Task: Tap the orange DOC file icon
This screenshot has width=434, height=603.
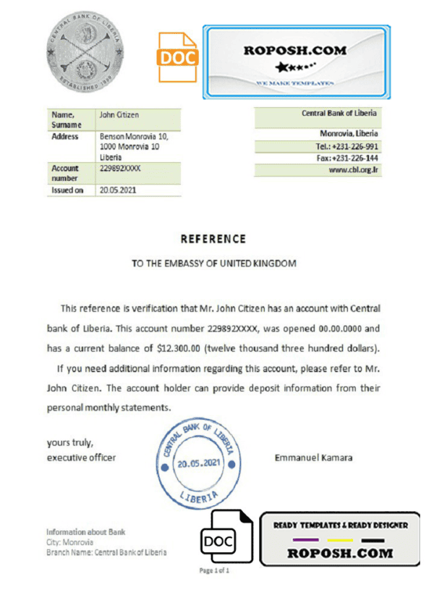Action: coord(177,57)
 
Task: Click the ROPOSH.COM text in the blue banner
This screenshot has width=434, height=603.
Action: coord(295,51)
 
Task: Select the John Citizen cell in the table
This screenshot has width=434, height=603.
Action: coord(119,115)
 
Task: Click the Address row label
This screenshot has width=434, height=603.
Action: coord(65,135)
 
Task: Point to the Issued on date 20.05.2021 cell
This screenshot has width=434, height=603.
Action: coord(116,190)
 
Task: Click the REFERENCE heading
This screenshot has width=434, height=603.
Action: coord(213,239)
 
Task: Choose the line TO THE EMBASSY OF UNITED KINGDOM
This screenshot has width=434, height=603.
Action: coord(213,263)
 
